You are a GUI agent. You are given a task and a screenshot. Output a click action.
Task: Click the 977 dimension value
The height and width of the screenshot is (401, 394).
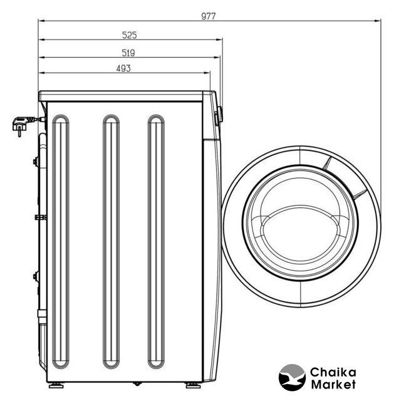point(209,16)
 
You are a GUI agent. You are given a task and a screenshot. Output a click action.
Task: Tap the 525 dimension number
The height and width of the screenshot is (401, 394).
point(130,35)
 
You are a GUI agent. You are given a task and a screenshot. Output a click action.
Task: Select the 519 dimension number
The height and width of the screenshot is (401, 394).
point(128,53)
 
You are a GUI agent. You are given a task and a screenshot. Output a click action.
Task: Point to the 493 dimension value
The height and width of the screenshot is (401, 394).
point(123,68)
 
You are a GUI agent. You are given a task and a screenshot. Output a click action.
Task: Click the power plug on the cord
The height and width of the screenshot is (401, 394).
point(22,124)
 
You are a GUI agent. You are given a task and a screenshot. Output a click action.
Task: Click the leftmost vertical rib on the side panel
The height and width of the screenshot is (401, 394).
point(61,241)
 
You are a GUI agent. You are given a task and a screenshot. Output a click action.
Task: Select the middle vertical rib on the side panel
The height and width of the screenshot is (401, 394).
point(111,241)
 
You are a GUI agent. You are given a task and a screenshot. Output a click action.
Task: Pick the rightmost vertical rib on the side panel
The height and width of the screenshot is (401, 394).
point(156,241)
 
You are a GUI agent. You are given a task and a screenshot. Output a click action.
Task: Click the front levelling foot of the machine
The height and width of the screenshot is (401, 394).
point(194,385)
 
